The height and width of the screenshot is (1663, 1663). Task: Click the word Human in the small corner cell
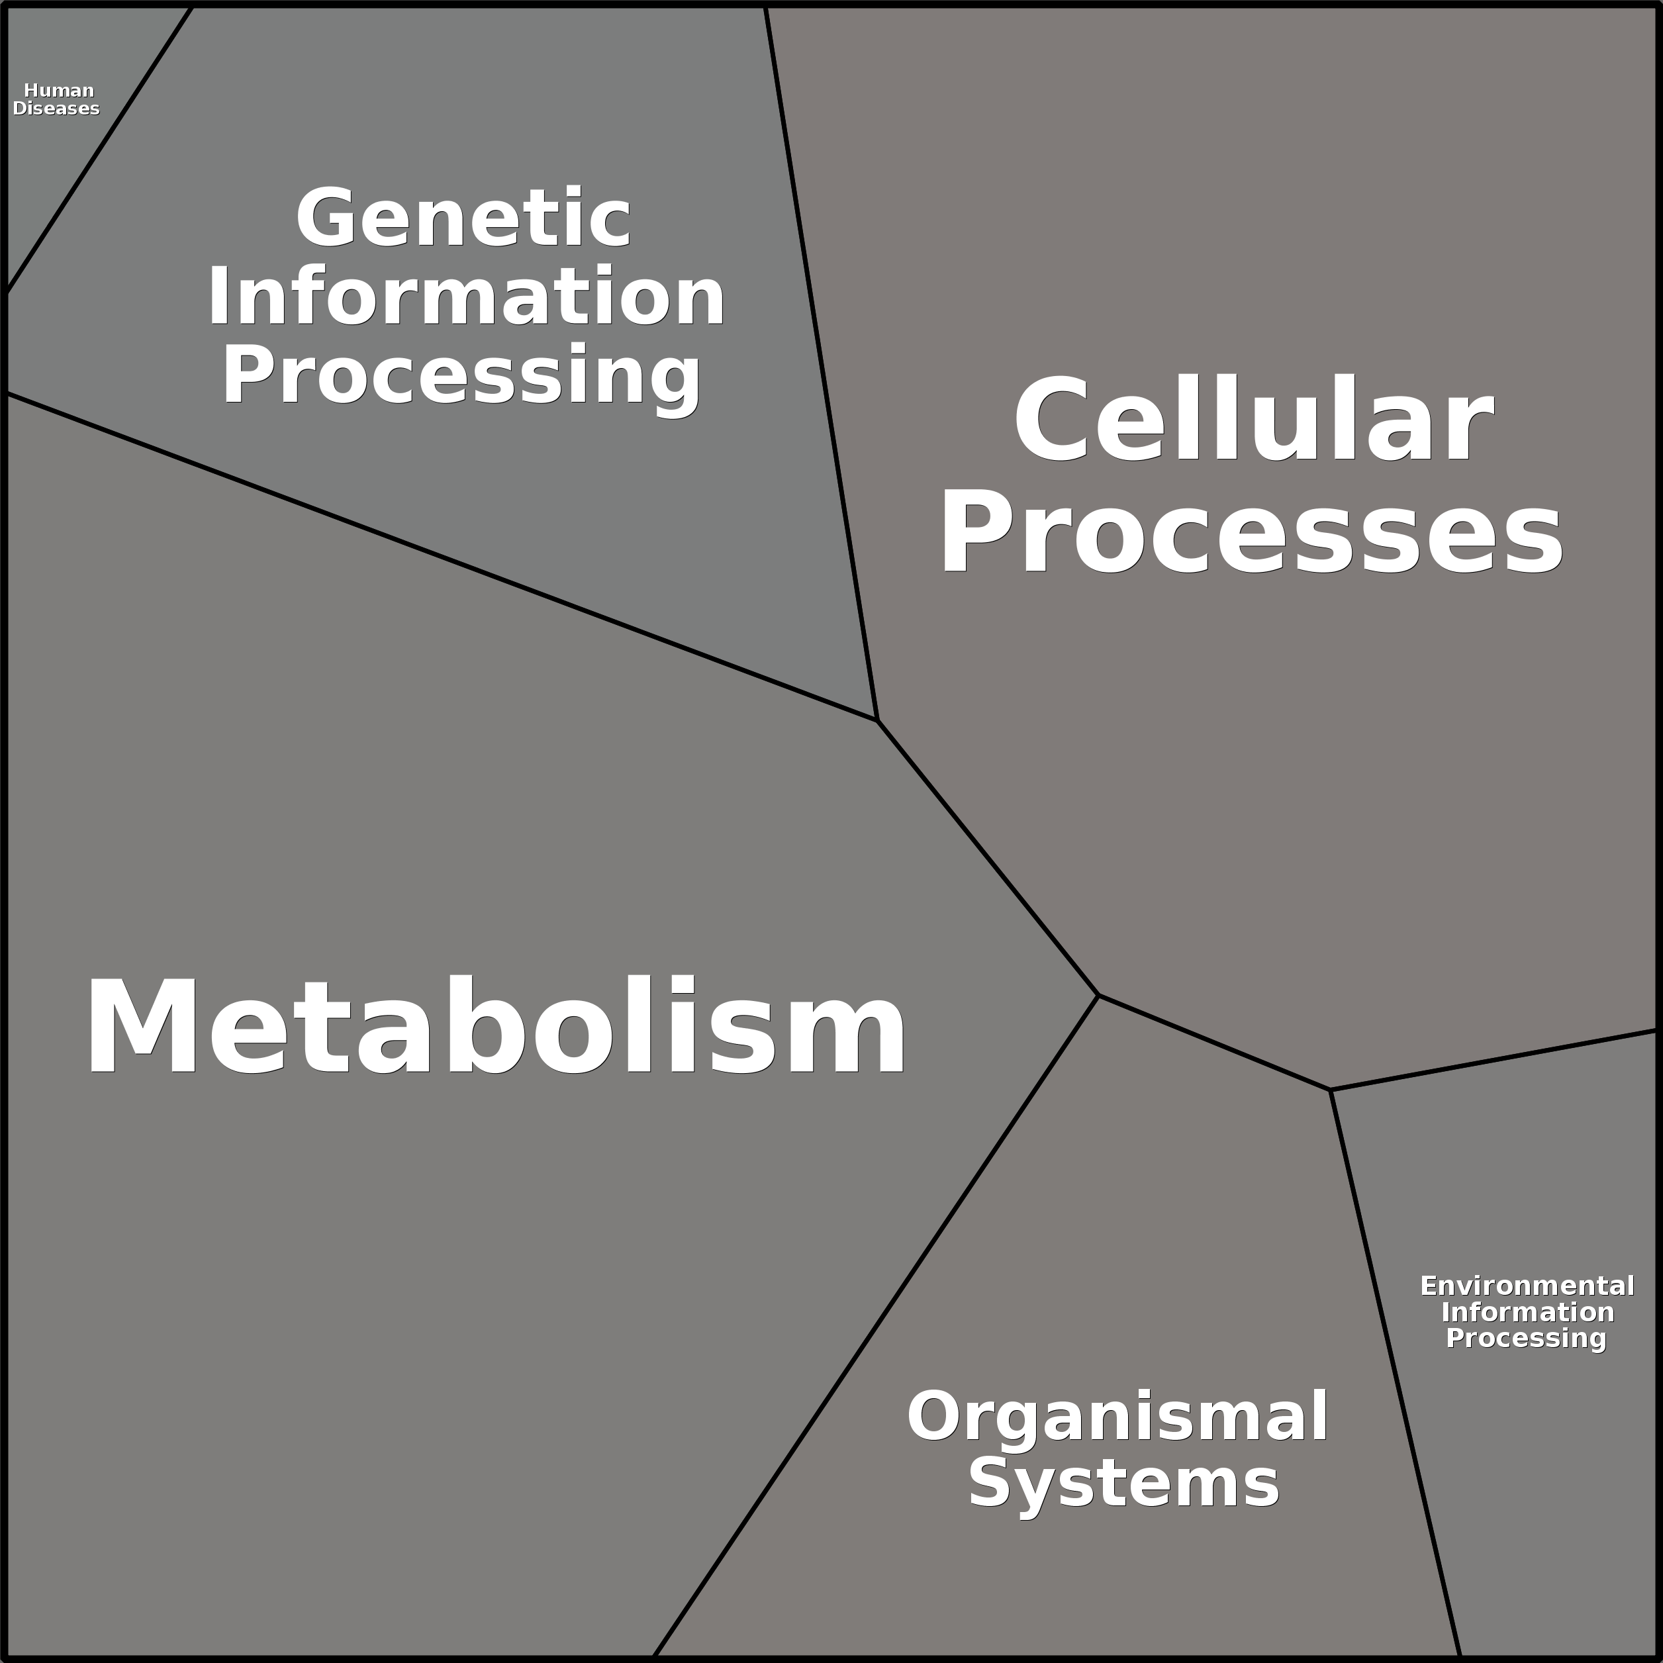pyautogui.click(x=58, y=91)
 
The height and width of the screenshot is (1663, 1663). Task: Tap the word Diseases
pyautogui.click(x=56, y=109)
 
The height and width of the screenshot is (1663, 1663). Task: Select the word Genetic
pyautogui.click(x=464, y=218)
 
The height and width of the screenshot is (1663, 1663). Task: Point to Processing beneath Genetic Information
pyautogui.click(x=462, y=376)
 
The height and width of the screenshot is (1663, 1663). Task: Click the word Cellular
pyautogui.click(x=1253, y=421)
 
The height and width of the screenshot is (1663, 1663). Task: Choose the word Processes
pyautogui.click(x=1252, y=530)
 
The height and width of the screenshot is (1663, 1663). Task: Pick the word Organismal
pyautogui.click(x=1117, y=1417)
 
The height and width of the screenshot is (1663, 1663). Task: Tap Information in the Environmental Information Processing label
pyautogui.click(x=1528, y=1312)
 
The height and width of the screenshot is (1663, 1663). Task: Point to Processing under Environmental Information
pyautogui.click(x=1526, y=1339)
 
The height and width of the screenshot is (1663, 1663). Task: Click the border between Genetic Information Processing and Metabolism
pyautogui.click(x=441, y=556)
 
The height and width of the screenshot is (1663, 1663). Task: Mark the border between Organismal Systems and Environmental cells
pyautogui.click(x=1396, y=1374)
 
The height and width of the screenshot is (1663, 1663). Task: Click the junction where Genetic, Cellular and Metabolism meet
pyautogui.click(x=877, y=720)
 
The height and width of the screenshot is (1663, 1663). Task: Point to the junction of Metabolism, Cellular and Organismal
pyautogui.click(x=1098, y=996)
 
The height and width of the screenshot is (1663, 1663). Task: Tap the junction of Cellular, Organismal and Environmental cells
pyautogui.click(x=1331, y=1090)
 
